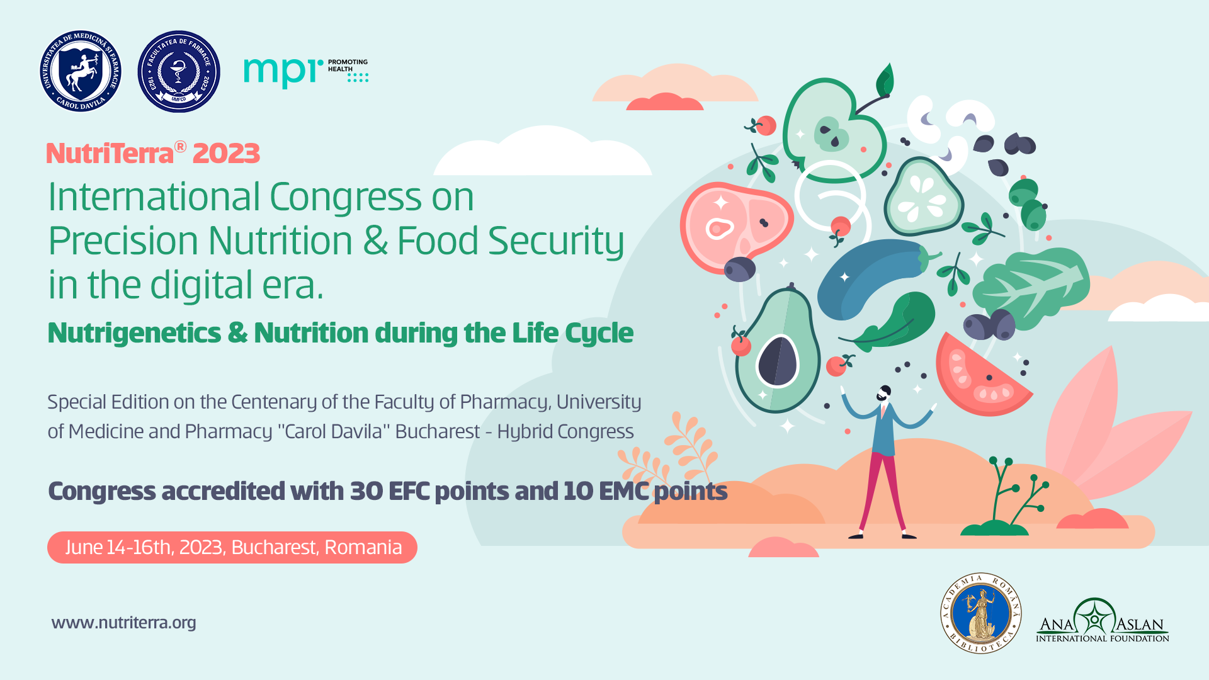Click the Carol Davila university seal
pyautogui.click(x=81, y=71)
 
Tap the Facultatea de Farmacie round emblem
pyautogui.click(x=179, y=71)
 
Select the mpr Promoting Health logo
pyautogui.click(x=306, y=73)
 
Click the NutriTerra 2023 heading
pyautogui.click(x=153, y=153)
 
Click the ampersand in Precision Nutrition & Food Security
pyautogui.click(x=375, y=241)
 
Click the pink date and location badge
pyautogui.click(x=232, y=547)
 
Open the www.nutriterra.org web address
pyautogui.click(x=124, y=622)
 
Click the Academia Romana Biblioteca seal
pyautogui.click(x=980, y=613)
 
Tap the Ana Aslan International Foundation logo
pyautogui.click(x=1102, y=621)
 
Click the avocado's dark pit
pyautogui.click(x=778, y=361)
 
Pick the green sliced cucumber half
pyautogui.click(x=923, y=196)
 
